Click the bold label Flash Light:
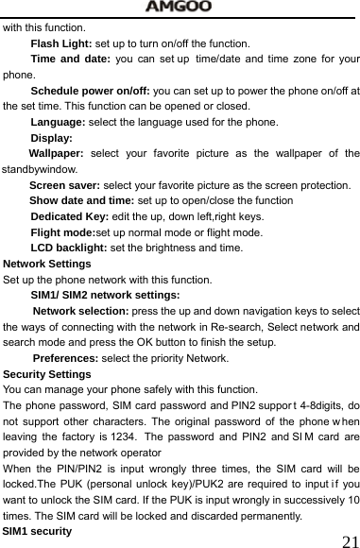[60, 43]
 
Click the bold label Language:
[58, 123]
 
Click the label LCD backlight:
[69, 248]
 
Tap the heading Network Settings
[47, 265]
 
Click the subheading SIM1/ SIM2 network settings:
[105, 296]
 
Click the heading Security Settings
[47, 374]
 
